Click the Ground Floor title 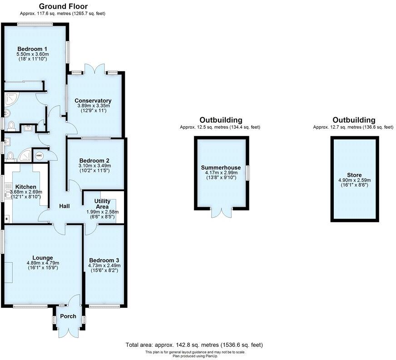pyautogui.click(x=63, y=6)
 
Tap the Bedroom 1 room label pyautogui.click(x=32, y=49)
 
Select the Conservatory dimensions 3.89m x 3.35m pyautogui.click(x=93, y=106)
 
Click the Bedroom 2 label pyautogui.click(x=94, y=160)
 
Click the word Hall pyautogui.click(x=64, y=206)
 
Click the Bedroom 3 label pyautogui.click(x=104, y=260)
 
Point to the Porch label pyautogui.click(x=68, y=316)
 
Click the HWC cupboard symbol pyautogui.click(x=40, y=155)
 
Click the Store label pyautogui.click(x=354, y=175)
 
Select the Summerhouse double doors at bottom pyautogui.click(x=221, y=213)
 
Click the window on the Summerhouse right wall pyautogui.click(x=248, y=173)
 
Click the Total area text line pyautogui.click(x=193, y=345)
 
